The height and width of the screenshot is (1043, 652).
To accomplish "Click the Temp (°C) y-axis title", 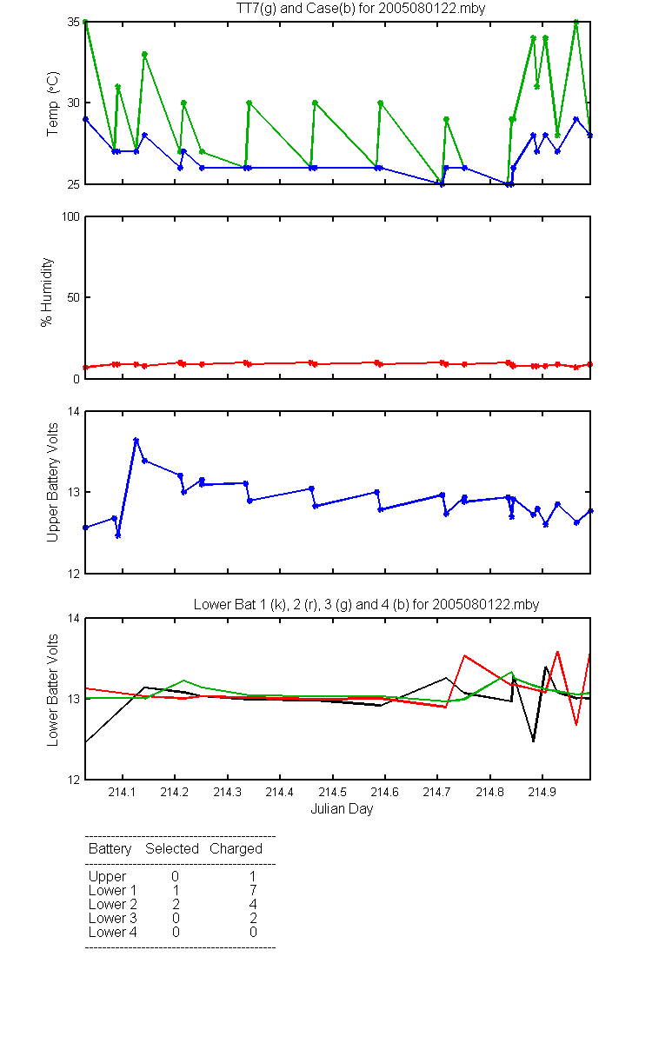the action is click(x=53, y=103).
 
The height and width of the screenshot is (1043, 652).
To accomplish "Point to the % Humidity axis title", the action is click(x=47, y=292).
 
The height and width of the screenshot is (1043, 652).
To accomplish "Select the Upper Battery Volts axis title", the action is click(x=53, y=482).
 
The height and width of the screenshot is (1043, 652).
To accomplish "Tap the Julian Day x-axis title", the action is click(x=342, y=809).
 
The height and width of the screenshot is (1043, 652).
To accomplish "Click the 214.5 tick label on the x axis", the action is click(x=332, y=792).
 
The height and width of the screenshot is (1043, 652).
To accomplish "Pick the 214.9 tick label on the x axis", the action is click(x=542, y=792).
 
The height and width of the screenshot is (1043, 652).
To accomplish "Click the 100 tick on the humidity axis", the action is click(x=70, y=217).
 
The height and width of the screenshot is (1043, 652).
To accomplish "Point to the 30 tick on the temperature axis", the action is click(x=74, y=103).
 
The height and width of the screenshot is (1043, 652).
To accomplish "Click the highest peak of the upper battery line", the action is click(x=136, y=440).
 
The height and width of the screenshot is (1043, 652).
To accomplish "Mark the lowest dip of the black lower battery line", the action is click(x=533, y=741).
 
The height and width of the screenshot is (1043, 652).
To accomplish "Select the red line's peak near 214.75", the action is click(x=464, y=655).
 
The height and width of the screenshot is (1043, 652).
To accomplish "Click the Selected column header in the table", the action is click(x=172, y=848).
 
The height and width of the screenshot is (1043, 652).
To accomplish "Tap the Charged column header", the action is click(x=236, y=849).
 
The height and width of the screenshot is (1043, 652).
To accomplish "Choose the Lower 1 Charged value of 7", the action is click(x=253, y=890).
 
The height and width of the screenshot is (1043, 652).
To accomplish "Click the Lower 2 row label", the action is click(x=113, y=904).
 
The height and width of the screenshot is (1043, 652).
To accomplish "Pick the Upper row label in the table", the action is click(x=107, y=877).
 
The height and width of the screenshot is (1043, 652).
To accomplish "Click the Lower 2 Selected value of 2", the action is click(x=176, y=904).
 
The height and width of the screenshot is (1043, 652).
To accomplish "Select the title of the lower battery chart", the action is click(x=366, y=604).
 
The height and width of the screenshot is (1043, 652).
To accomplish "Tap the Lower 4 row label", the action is click(x=113, y=932).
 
